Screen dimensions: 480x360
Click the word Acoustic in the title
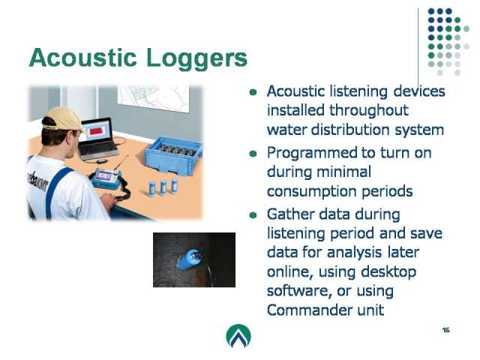[x=82, y=58]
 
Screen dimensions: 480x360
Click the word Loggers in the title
[x=196, y=59]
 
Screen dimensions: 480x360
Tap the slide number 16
[x=445, y=330]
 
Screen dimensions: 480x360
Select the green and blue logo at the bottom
[x=238, y=336]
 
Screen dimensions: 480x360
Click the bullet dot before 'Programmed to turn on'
[x=253, y=153]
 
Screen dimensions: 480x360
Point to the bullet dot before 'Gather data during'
[x=253, y=215]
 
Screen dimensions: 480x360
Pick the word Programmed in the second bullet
[x=316, y=154]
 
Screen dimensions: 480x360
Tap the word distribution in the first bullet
[x=350, y=129]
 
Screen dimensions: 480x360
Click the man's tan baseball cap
[x=63, y=118]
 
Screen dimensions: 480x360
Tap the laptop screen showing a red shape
[x=97, y=131]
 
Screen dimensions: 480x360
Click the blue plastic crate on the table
[x=173, y=155]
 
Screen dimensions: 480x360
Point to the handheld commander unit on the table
[x=107, y=179]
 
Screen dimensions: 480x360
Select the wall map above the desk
[x=153, y=97]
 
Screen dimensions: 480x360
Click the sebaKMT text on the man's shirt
[x=37, y=182]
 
